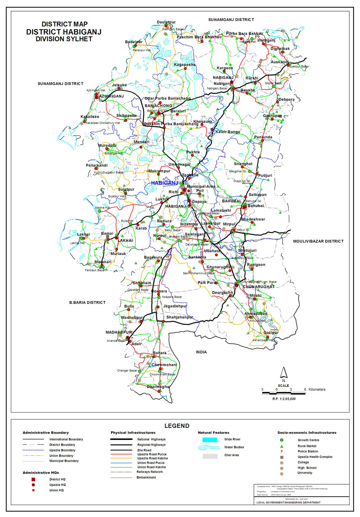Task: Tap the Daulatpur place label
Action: click(166, 21)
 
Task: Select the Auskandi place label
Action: click(280, 62)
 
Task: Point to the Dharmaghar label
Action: click(159, 387)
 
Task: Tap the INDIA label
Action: click(201, 352)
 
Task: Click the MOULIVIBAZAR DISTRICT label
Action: click(318, 241)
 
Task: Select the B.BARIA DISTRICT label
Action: click(87, 303)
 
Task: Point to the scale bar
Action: click(284, 393)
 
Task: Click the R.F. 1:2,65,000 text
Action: click(284, 399)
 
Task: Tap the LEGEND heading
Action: click(177, 426)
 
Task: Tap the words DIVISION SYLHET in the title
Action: click(64, 39)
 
